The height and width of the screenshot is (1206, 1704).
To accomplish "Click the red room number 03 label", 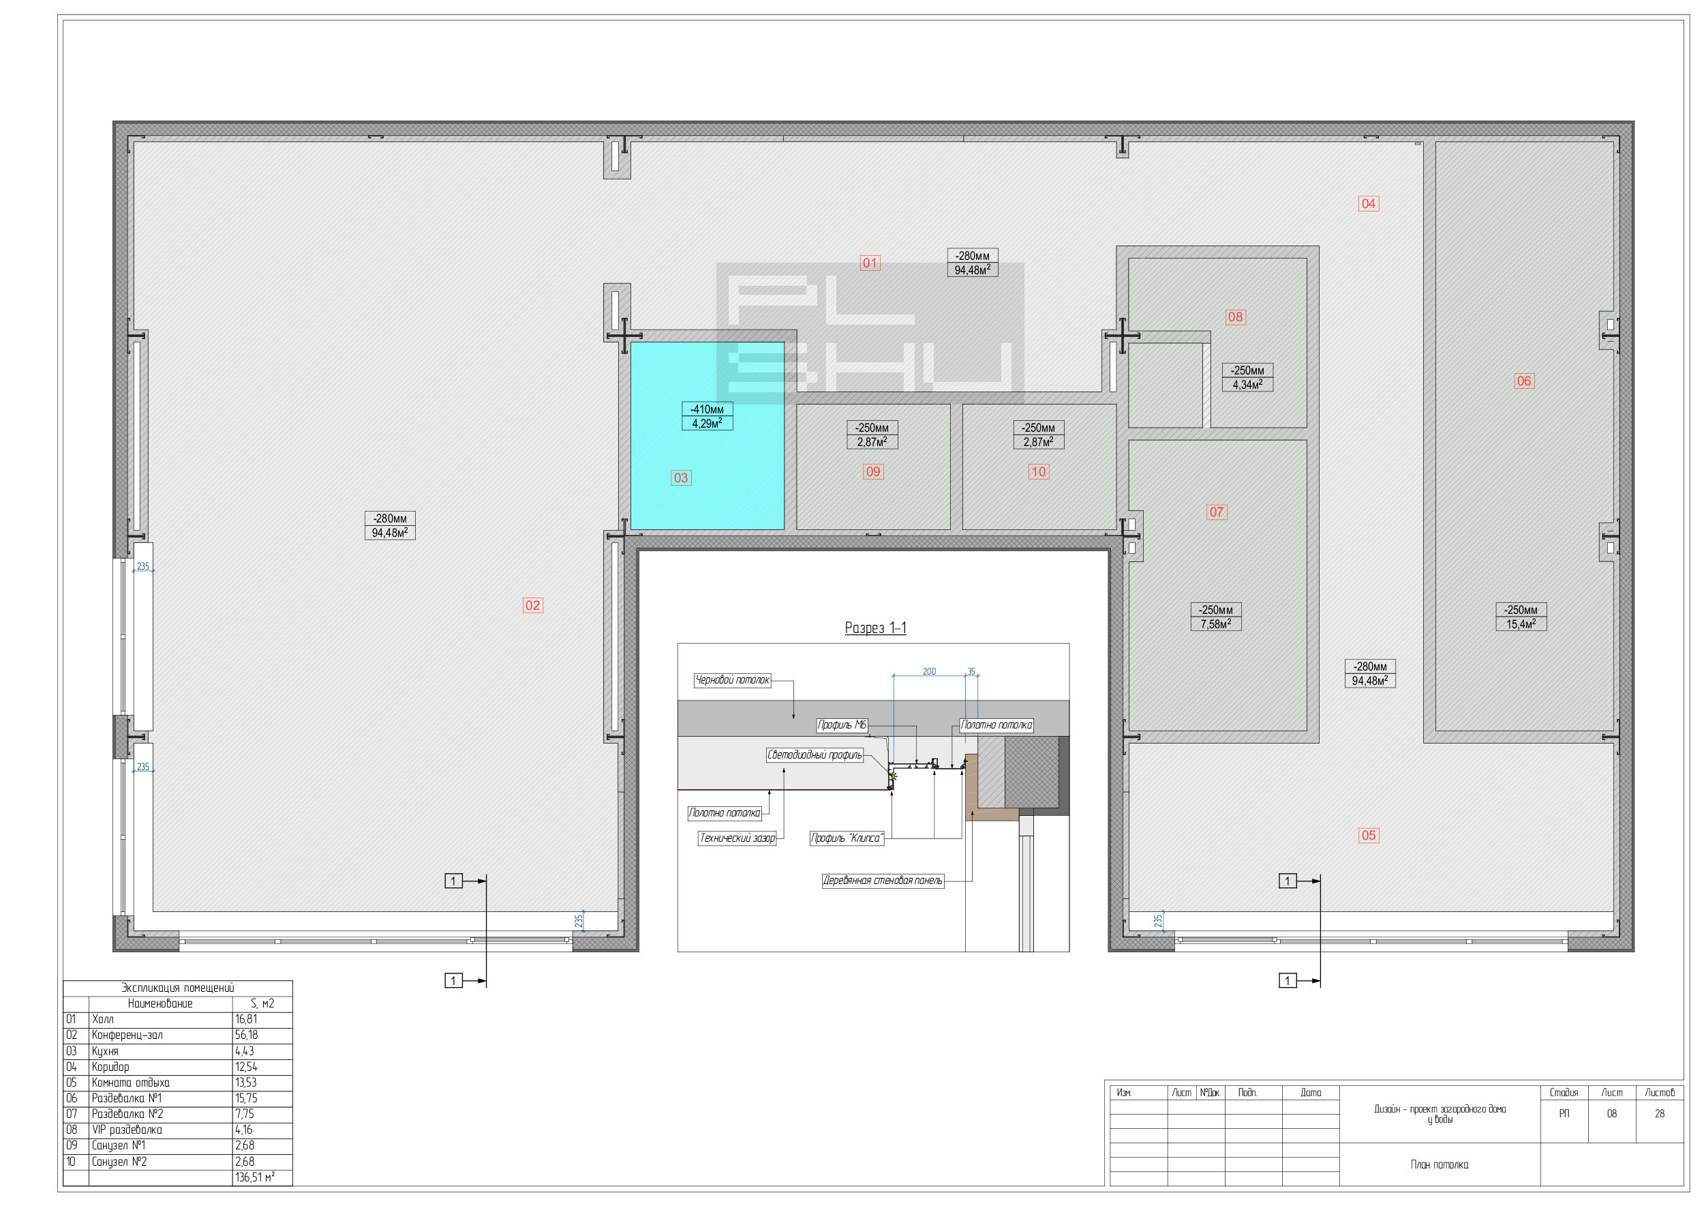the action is click(680, 477).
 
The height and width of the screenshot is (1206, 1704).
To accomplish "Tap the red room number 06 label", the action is click(1523, 381).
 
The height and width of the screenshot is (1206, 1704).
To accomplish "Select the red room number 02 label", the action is click(533, 605).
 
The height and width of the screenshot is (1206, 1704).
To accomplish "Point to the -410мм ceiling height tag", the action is click(708, 409).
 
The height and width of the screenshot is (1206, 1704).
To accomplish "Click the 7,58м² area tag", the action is click(1216, 623).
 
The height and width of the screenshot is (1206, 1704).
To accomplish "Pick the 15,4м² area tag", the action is click(1521, 623).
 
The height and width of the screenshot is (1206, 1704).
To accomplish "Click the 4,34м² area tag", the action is click(1247, 385).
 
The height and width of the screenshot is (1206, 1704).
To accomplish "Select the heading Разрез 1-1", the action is click(876, 628).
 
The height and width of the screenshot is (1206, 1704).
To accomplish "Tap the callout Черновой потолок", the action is click(733, 680).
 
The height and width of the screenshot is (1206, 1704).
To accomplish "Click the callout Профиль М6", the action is click(842, 725).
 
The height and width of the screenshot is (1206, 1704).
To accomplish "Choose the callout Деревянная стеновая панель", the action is click(883, 881).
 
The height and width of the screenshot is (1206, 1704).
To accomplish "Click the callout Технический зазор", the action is click(737, 838).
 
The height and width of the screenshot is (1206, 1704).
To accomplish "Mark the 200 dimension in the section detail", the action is click(929, 671).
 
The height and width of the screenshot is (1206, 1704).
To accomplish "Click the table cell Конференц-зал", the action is click(127, 1035).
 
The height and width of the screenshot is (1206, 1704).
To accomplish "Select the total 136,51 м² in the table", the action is click(254, 1178).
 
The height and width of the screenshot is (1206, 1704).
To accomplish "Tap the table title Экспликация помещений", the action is click(178, 988).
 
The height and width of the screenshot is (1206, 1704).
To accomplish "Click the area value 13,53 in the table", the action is click(246, 1083).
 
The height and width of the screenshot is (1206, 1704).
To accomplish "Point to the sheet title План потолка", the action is click(1439, 1164).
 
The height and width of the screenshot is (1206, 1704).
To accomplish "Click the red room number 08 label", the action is click(1235, 317).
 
